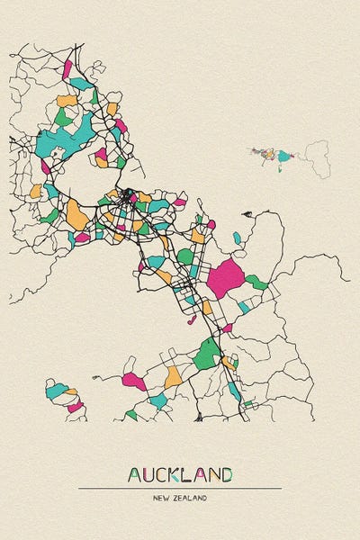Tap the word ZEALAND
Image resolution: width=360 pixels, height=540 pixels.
(x=192, y=498)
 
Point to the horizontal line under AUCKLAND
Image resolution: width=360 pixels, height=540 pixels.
(x=180, y=488)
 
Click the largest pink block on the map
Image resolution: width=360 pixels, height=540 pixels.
(x=224, y=278)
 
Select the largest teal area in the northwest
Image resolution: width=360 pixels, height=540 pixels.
(x=60, y=136)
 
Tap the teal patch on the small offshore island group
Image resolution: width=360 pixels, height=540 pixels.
(x=284, y=157)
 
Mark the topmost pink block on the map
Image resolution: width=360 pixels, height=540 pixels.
(x=68, y=68)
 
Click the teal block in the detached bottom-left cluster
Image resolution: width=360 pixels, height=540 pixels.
(x=58, y=390)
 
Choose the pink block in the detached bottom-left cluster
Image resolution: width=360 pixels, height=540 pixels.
(x=75, y=407)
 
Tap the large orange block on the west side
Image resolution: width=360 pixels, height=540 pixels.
(x=76, y=214)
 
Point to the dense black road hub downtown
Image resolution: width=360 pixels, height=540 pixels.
(x=129, y=193)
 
